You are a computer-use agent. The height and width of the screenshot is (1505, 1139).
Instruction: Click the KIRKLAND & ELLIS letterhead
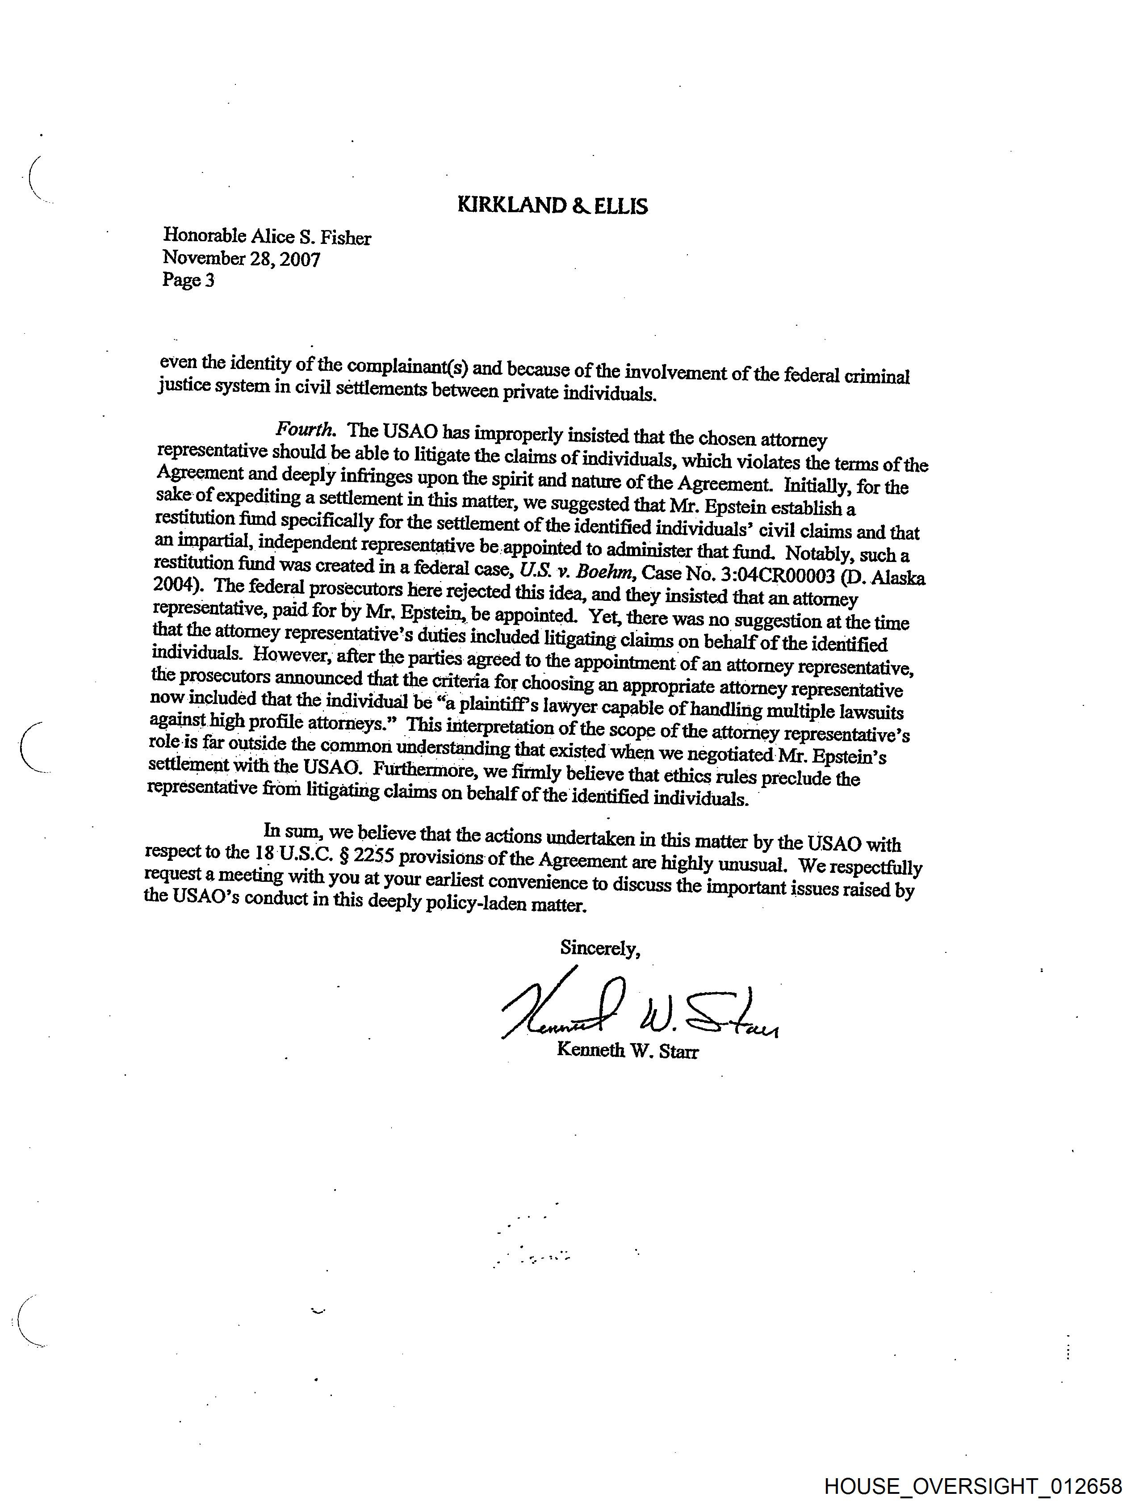pyautogui.click(x=553, y=205)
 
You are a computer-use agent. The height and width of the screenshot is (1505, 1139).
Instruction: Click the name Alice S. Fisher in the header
pyautogui.click(x=311, y=238)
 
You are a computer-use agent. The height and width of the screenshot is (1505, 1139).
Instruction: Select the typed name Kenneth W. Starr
pyautogui.click(x=627, y=1051)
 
